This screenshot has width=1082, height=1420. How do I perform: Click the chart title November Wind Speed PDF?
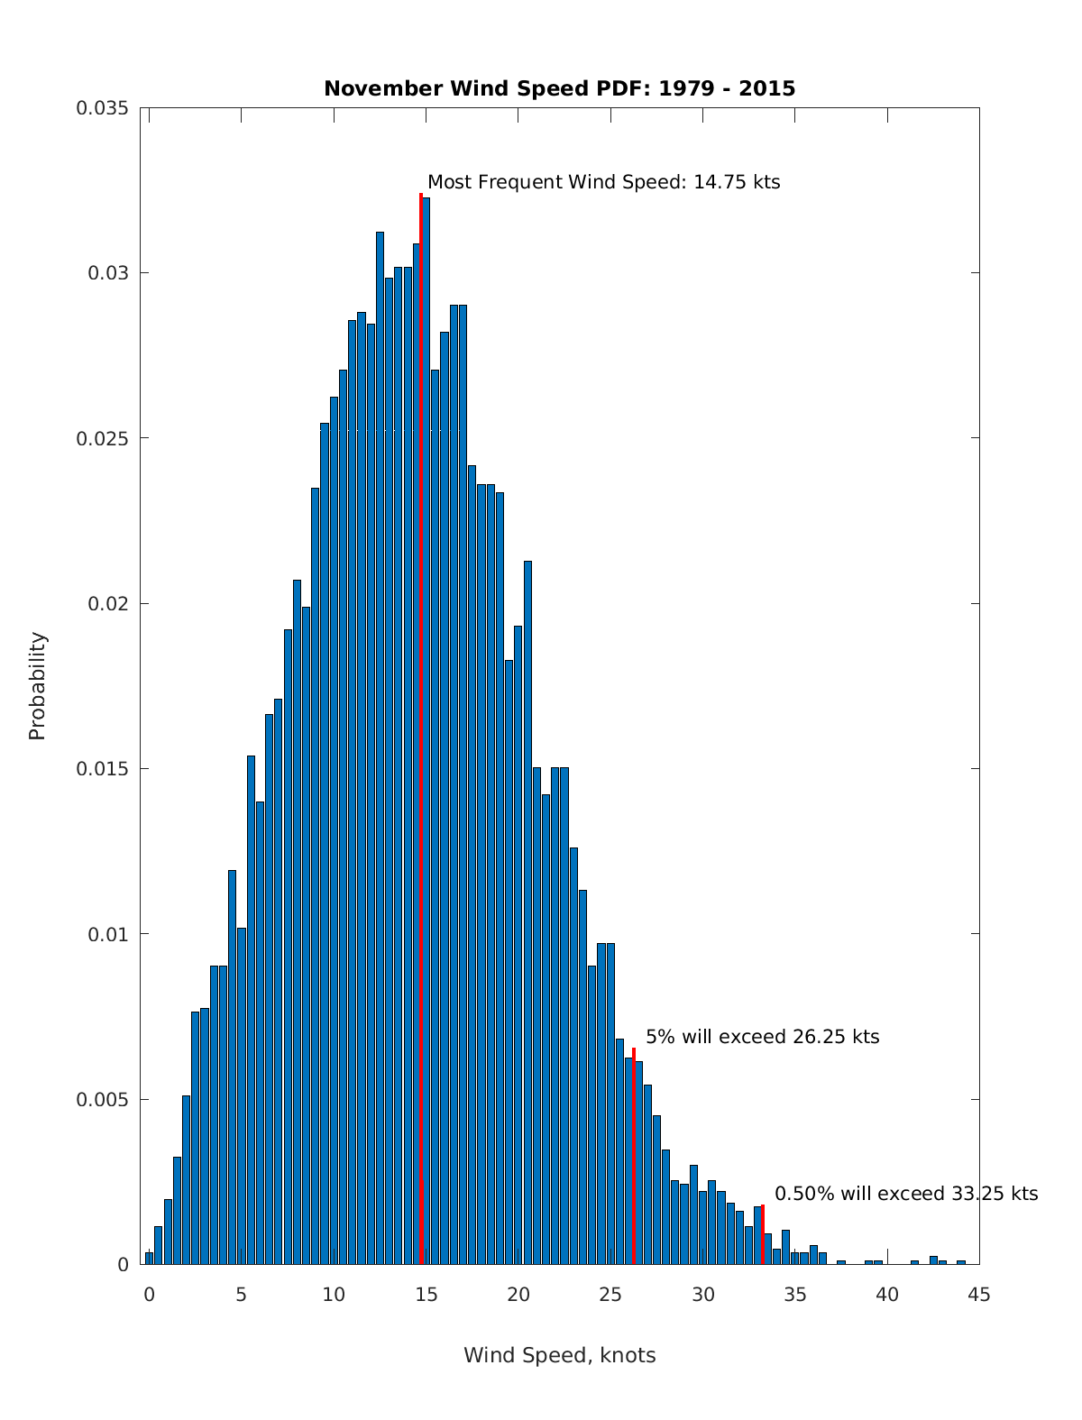[559, 88]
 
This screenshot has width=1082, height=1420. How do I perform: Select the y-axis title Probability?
[37, 686]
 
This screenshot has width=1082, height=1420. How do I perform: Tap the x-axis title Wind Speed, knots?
[559, 1355]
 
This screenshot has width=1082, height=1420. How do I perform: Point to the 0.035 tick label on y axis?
[102, 108]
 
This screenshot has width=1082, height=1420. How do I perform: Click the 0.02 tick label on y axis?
[108, 603]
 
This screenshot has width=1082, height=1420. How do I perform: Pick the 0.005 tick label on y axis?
[102, 1099]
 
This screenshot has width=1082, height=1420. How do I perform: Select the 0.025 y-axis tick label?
[102, 438]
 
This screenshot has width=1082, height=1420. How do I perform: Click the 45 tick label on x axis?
[979, 1296]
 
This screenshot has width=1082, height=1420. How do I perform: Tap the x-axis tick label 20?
[518, 1296]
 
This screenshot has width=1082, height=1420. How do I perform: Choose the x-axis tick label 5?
[241, 1296]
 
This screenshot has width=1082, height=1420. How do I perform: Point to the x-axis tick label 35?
[795, 1296]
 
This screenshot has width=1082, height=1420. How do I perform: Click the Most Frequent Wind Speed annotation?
[603, 182]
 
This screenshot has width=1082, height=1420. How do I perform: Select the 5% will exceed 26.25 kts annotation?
[762, 1037]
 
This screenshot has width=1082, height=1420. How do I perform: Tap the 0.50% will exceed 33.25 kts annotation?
[906, 1194]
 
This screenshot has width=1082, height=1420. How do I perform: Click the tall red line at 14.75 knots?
[421, 721]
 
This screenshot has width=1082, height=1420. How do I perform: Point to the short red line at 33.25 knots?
[763, 1235]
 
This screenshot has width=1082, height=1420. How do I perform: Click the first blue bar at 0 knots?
[149, 1259]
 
